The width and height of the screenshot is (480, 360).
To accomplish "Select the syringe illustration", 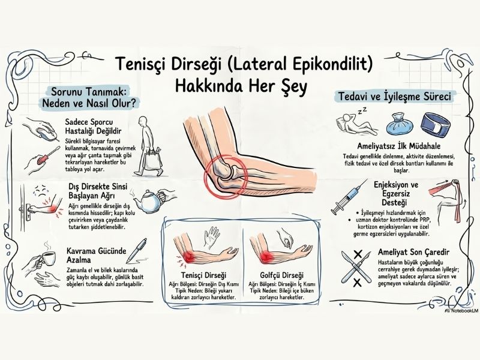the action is [349, 197].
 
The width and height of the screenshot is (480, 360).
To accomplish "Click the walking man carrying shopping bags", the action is [149, 147].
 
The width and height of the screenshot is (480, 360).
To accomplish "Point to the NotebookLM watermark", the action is [460, 310].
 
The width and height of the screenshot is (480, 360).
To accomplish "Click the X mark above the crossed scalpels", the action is [358, 254].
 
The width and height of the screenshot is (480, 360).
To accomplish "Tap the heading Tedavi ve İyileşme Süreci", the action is [395, 97].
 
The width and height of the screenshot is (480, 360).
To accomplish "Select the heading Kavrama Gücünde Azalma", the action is [97, 256].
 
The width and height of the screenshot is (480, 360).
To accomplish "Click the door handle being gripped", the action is [28, 209].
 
